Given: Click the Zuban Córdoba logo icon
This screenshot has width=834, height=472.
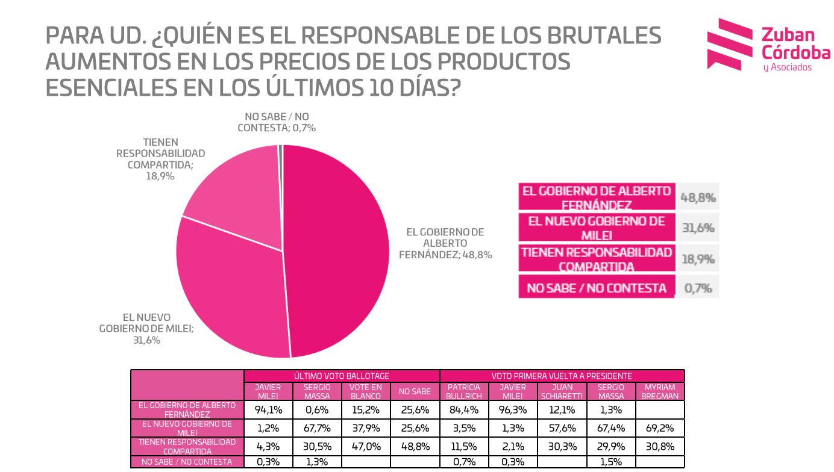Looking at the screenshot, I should (730, 44).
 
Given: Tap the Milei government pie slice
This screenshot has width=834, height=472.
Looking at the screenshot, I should (235, 289).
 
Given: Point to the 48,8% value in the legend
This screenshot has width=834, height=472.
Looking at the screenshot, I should (698, 197).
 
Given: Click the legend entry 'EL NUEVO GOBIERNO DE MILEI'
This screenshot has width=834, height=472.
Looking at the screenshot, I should (596, 228).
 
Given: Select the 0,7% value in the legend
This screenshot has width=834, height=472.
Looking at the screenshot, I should (698, 288).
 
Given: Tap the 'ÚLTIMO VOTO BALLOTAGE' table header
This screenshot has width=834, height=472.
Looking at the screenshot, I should (342, 376).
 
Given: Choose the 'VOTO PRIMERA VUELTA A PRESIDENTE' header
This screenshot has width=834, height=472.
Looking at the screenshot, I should (562, 376).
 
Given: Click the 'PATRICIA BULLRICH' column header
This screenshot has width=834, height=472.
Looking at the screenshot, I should (463, 391).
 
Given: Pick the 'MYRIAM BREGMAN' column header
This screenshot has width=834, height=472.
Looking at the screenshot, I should (659, 391).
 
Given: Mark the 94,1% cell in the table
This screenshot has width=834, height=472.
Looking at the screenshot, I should (268, 410).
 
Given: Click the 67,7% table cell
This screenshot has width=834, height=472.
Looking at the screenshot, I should (317, 428).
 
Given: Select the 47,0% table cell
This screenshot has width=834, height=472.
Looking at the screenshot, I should (366, 447).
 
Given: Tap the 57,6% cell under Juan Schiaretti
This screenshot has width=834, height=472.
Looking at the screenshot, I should (562, 428).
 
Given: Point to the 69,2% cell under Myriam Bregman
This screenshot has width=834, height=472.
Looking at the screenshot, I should (659, 428).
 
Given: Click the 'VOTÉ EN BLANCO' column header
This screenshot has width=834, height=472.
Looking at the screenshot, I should (366, 391).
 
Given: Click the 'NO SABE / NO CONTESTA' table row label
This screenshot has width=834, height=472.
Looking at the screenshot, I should (187, 462).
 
